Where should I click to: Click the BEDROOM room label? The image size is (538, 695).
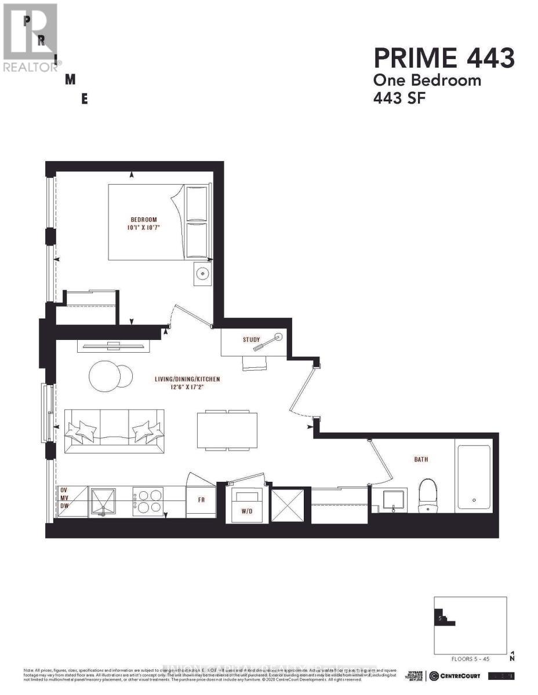(144, 220)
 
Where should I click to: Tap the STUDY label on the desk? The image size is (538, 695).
(252, 339)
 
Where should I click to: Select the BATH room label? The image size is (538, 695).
(421, 459)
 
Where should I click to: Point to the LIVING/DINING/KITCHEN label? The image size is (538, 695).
(187, 379)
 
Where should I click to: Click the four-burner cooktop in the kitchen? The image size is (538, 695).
(148, 502)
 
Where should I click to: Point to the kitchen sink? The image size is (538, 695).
(103, 502)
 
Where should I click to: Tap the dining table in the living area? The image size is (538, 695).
(227, 430)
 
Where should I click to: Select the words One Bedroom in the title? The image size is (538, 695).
(427, 80)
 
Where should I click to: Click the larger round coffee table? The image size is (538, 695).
(104, 375)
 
